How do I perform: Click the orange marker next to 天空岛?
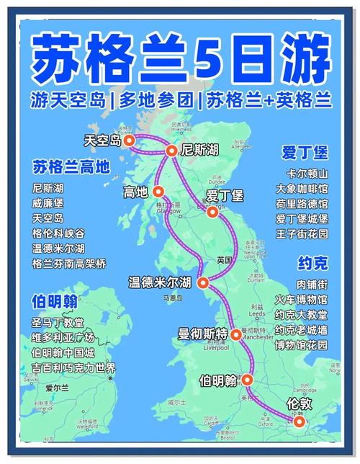(x=129, y=141)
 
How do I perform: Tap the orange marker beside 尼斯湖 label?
(x=171, y=151)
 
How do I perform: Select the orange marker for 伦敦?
(x=300, y=422)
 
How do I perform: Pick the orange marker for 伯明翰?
(x=247, y=379)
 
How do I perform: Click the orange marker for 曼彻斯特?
(x=235, y=334)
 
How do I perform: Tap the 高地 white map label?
(x=135, y=192)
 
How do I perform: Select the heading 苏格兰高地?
(x=71, y=167)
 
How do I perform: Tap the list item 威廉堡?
(x=48, y=202)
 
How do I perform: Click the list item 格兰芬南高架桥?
(x=68, y=264)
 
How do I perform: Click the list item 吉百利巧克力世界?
(x=73, y=368)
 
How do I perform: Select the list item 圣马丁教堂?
(x=58, y=322)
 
